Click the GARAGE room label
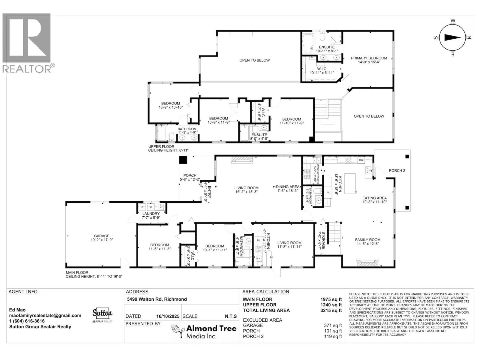[101, 236]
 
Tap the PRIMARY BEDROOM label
[369, 58]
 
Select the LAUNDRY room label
[151, 214]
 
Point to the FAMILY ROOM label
[367, 240]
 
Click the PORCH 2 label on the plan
[397, 170]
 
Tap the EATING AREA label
[374, 198]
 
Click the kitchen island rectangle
[350, 184]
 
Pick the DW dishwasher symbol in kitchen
[361, 160]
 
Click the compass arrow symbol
[452, 37]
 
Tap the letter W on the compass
[453, 21]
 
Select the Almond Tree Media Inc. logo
[204, 331]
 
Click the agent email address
[45, 315]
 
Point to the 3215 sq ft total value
[331, 310]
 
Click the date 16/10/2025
[168, 316]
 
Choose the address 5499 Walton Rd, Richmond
[157, 299]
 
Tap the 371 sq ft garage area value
[333, 325]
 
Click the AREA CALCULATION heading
[265, 292]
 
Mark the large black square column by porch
[183, 160]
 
